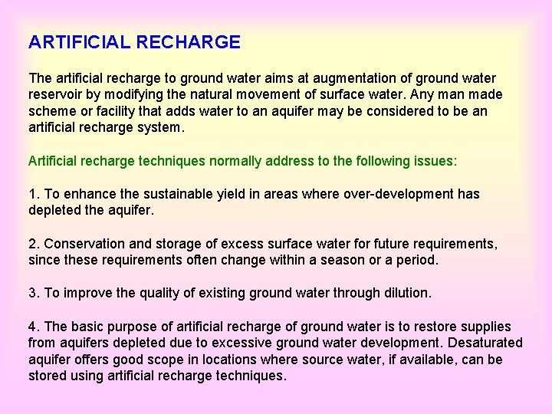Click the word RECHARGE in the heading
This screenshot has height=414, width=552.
tap(188, 42)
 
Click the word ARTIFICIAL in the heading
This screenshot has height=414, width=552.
tap(80, 42)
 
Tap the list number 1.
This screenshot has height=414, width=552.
tap(33, 194)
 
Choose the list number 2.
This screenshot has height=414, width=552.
tap(33, 243)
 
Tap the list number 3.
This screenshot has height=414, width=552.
tap(33, 293)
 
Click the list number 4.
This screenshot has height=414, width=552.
tap(33, 327)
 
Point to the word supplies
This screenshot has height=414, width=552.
tap(485, 327)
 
